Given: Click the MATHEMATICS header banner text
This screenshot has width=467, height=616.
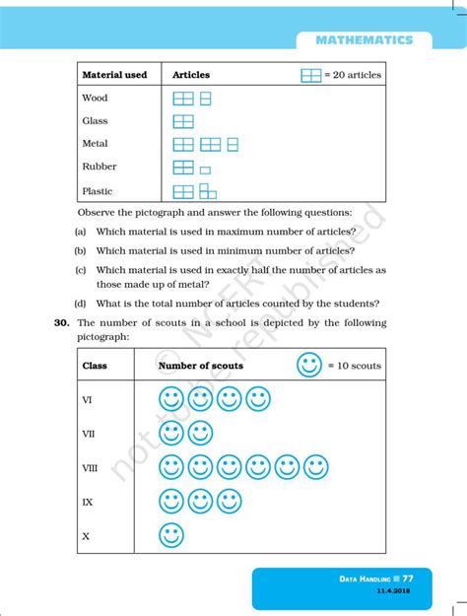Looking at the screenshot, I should coord(365,39).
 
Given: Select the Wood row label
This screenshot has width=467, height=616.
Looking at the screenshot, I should coord(96,99).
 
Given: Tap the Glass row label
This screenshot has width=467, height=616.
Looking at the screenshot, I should coord(96,121).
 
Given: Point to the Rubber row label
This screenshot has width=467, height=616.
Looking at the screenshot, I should coord(100,167).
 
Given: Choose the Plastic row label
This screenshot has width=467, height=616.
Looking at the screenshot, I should coord(98,190).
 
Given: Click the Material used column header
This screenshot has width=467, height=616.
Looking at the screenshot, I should coord(114,75).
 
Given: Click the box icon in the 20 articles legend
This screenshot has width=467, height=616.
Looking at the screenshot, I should coord(311,75).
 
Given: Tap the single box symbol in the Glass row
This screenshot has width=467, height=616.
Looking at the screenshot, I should coord(183,121).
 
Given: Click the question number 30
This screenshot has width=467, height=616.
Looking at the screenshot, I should coord(61,323).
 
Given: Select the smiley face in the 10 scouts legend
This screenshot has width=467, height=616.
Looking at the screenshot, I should coord(309,366).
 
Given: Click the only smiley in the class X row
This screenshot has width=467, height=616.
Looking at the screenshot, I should coord(171,535).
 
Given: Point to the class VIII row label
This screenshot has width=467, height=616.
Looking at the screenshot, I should coord(90,468).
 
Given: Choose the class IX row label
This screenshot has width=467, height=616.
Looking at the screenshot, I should coord(87,502).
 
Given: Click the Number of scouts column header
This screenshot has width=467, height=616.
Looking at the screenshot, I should coord(201,366).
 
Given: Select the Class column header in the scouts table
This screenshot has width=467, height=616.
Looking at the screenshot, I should coord(95,366).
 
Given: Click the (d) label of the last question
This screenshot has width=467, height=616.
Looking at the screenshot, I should coord(80,304).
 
